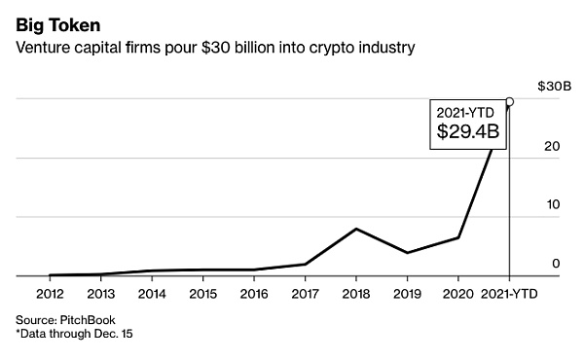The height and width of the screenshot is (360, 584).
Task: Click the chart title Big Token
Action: [x=55, y=19]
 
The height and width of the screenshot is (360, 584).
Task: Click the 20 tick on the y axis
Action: [x=551, y=147]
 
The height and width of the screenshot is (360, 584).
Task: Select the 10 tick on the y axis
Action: [x=551, y=205]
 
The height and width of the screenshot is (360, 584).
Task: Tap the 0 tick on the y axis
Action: [x=555, y=264]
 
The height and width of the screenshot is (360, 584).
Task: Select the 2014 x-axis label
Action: [x=151, y=293]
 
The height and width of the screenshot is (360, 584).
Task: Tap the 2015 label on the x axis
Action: [x=202, y=293]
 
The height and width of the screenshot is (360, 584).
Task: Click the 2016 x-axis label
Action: [x=253, y=293]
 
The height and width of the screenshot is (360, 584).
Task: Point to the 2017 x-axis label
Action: [x=305, y=293]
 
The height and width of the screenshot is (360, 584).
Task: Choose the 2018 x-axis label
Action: [x=355, y=293]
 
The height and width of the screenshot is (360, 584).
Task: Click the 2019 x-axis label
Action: [x=407, y=293]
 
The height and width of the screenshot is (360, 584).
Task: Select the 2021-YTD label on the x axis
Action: [x=509, y=293]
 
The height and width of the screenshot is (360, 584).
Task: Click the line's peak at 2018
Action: [x=356, y=229]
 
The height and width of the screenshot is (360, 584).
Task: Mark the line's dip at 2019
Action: [x=407, y=253]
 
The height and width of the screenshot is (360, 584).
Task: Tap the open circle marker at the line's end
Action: [x=510, y=100]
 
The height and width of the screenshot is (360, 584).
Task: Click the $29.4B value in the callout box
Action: [x=468, y=130]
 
